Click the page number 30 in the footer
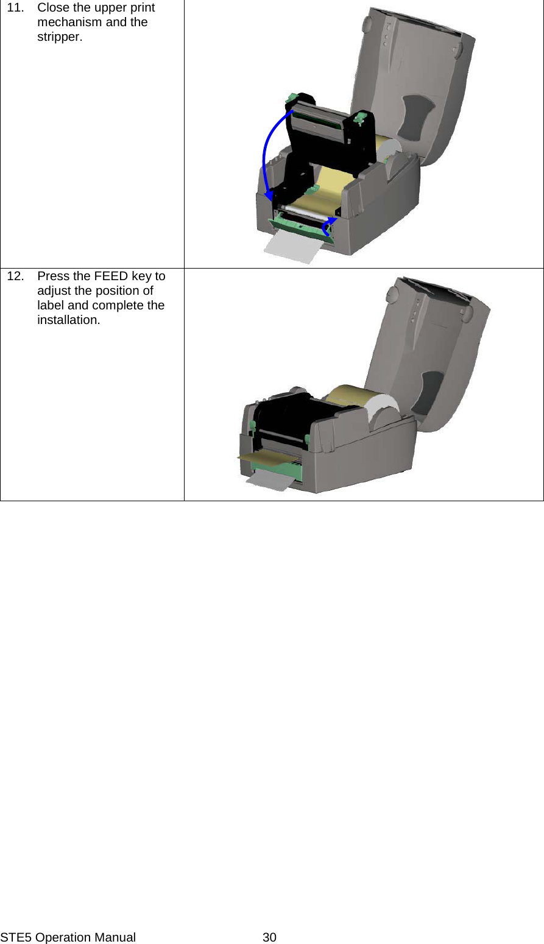tap(269, 937)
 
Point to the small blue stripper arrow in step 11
tap(328, 227)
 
